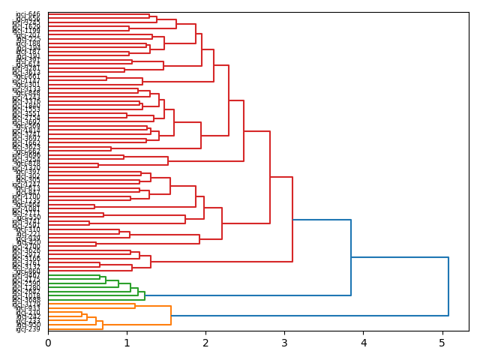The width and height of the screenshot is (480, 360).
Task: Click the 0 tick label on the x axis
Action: click(48, 343)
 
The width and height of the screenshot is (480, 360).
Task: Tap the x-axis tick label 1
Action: click(127, 343)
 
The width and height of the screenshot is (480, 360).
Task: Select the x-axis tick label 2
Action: click(205, 343)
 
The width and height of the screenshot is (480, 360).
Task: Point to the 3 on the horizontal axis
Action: click(284, 343)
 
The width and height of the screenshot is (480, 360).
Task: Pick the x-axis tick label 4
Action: click(364, 343)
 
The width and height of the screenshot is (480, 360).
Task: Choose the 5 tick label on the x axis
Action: click(442, 343)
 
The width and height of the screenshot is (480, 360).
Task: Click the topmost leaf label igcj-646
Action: click(28, 14)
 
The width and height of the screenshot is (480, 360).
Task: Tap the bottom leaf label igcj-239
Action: click(28, 329)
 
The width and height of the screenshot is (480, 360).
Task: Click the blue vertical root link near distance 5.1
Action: click(448, 286)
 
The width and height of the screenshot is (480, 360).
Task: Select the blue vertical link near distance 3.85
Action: click(351, 257)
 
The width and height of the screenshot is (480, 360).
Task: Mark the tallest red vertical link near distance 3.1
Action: click(292, 219)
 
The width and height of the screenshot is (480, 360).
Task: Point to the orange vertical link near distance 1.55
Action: click(171, 315)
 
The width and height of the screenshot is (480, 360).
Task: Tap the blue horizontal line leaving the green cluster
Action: click(247, 295)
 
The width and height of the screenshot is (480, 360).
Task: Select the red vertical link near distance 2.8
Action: click(270, 177)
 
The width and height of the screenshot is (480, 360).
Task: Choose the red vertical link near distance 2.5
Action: click(244, 130)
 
